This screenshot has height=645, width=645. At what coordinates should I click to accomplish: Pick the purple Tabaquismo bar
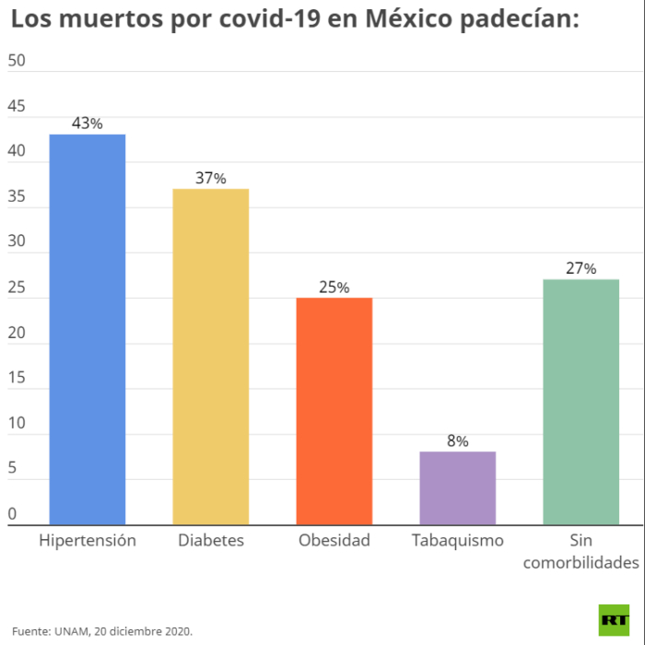458,487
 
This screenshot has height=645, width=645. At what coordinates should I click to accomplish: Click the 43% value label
88,123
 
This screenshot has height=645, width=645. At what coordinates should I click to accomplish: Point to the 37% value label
211,178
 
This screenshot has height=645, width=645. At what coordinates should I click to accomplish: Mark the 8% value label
458,440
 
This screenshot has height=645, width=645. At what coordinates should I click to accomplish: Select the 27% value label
581,268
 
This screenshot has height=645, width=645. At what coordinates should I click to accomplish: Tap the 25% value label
334,287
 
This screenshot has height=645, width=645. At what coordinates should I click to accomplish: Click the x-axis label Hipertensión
88,541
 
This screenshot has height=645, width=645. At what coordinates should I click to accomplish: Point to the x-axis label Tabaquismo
458,541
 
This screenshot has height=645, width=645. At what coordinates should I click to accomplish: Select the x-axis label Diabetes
211,541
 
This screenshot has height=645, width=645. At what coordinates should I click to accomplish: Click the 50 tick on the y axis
17,61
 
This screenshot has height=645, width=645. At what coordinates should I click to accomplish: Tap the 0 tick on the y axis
12,513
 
